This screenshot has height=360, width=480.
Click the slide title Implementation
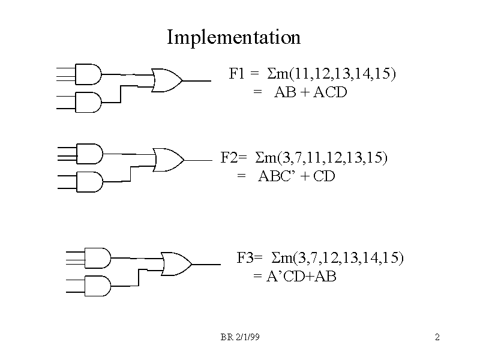233,38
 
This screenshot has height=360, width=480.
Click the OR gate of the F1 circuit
167,80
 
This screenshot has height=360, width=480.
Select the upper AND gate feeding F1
87,74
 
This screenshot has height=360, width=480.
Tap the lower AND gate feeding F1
87,103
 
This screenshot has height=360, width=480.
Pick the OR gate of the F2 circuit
169,159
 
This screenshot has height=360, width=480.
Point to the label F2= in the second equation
233,158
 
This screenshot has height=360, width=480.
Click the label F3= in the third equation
250,258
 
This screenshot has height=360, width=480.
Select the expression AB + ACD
311,93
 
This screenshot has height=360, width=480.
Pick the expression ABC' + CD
296,176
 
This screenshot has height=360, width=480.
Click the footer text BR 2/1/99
239,338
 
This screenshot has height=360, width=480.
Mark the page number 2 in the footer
437,338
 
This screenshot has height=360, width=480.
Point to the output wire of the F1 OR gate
197,80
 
